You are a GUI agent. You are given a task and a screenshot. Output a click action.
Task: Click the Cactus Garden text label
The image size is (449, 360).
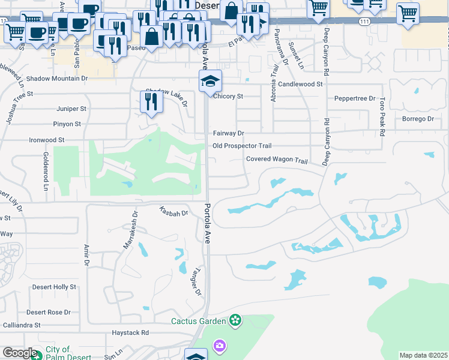coord(198,321)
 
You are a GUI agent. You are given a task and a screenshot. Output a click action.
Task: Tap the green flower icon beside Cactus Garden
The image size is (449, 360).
coord(235,321)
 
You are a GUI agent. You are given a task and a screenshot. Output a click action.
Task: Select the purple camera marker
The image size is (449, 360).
coord(219,346)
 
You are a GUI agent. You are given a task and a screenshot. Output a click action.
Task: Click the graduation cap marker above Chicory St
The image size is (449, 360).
coord(210,82)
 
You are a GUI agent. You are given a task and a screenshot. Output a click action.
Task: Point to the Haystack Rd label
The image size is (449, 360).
coord(130,332)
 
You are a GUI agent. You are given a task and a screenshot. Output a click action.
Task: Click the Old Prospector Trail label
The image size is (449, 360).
coord(243,146)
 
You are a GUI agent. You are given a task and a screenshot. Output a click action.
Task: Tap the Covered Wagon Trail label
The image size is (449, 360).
coord(277,160)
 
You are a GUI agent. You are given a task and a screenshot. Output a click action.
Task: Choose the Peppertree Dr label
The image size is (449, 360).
coord(355,98)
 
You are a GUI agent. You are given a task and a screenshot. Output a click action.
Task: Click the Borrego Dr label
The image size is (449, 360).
coord(417,119)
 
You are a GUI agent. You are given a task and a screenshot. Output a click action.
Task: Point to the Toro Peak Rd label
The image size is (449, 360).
coord(381,116)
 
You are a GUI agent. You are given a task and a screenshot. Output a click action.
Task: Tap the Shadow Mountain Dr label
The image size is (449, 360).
coord(57,78)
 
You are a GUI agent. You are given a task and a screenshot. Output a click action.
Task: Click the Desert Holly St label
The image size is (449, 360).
coord(54,287)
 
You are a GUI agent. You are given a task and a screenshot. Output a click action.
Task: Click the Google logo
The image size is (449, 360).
coord(20,353)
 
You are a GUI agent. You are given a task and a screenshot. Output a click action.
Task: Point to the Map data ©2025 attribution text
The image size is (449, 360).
coord(424,355)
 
